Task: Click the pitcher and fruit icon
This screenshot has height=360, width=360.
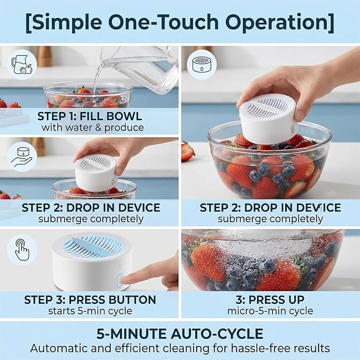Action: tap(22, 65)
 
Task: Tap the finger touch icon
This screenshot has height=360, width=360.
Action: tap(22, 250)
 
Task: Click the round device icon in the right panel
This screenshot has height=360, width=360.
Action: tap(201, 65)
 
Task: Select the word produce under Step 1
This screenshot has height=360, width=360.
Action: tap(124, 128)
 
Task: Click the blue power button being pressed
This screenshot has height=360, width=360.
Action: tap(119, 280)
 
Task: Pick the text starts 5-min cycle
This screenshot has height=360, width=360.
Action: tap(90, 311)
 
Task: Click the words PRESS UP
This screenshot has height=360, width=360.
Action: tap(276, 300)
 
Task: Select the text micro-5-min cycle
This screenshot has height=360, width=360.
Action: tap(270, 311)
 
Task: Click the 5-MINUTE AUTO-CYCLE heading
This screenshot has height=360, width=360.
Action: tap(180, 333)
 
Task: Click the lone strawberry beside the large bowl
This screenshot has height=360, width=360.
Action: tap(188, 152)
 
